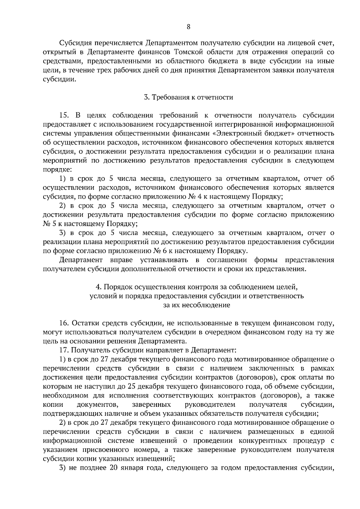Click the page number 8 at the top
pyautogui.click(x=188, y=27)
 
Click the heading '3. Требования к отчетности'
pyautogui.click(x=188, y=97)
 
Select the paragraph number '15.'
pyautogui.click(x=64, y=115)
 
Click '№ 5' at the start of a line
pyautogui.click(x=48, y=224)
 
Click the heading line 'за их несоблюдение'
pyautogui.click(x=197, y=305)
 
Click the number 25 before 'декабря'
pyautogui.click(x=131, y=386)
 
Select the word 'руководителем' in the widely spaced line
pyautogui.click(x=210, y=405)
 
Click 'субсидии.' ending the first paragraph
pyautogui.click(x=59, y=79)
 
